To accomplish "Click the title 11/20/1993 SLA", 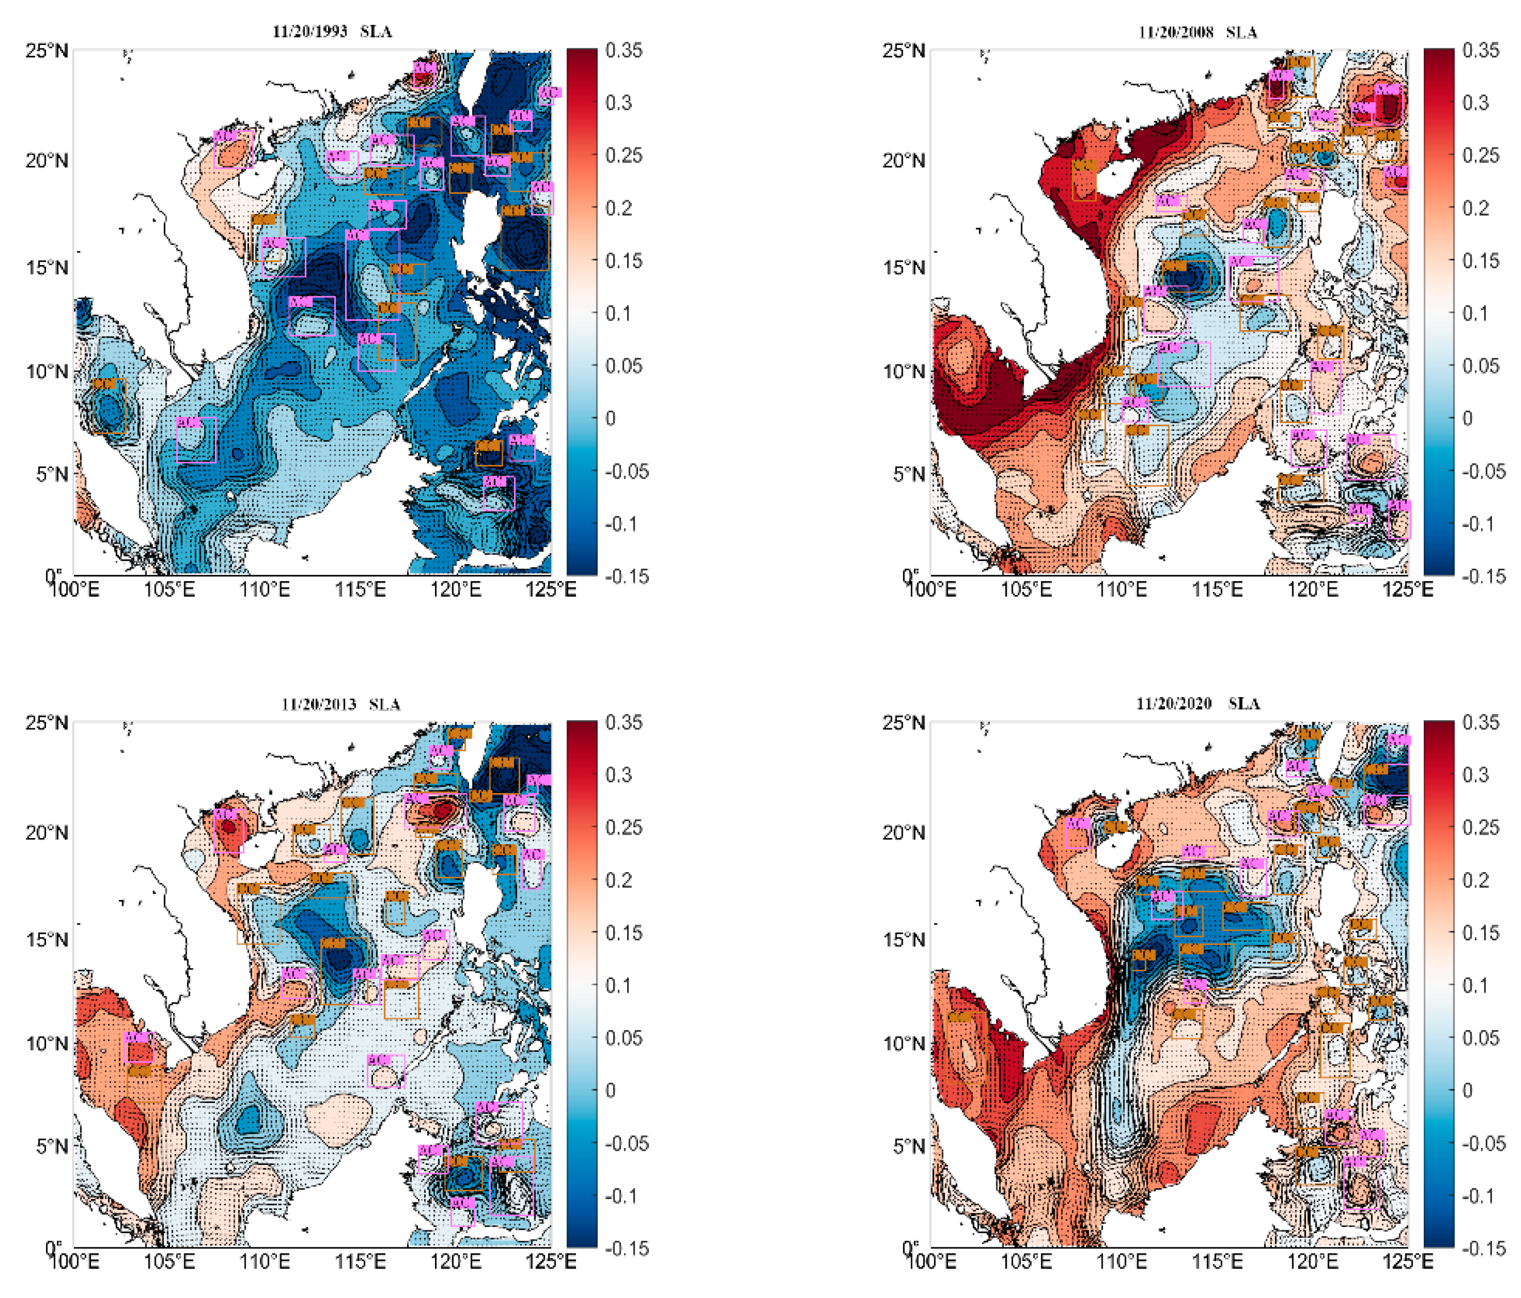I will [x=332, y=32].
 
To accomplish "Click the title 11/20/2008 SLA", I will [x=1197, y=32].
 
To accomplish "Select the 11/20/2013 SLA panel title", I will [x=341, y=704].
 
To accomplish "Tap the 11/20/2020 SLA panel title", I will [x=1197, y=703].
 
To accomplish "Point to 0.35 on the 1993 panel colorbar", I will [x=623, y=50].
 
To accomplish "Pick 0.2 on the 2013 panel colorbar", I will [x=619, y=880].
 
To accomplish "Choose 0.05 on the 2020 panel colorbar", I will [x=1481, y=1038].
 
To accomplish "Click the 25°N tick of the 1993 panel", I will [x=47, y=51].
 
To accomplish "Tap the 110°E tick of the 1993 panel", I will [x=264, y=590].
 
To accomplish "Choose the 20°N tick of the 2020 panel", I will [x=904, y=832].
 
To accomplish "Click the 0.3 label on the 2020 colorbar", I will [x=1476, y=774].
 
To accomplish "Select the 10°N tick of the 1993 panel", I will [x=47, y=371].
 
